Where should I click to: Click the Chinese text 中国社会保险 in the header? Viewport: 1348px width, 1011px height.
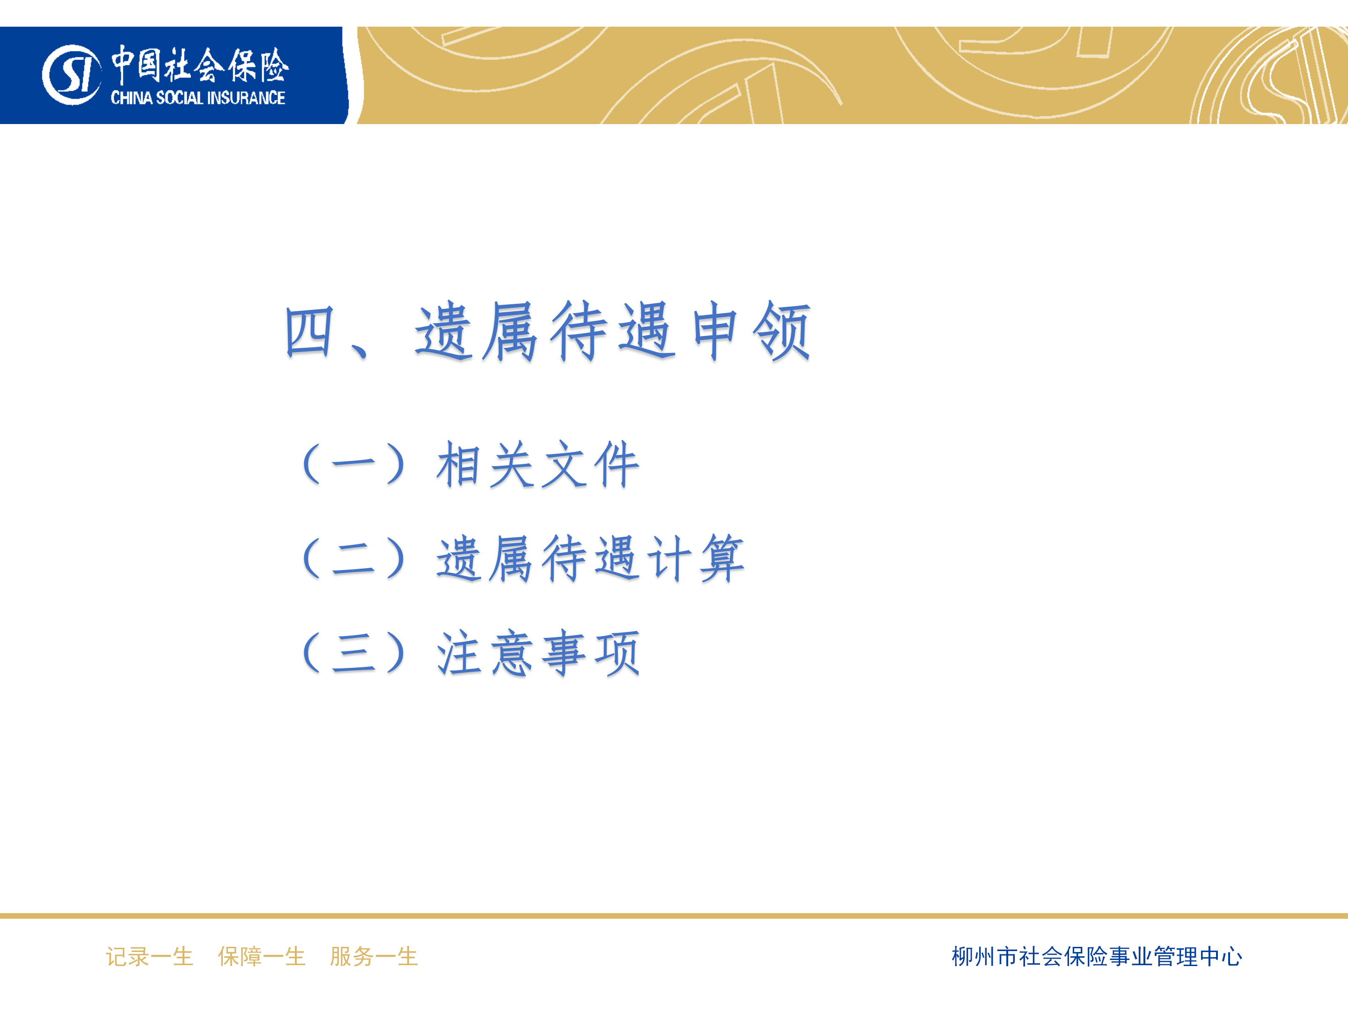pos(200,65)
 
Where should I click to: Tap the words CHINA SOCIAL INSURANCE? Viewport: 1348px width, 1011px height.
pos(198,97)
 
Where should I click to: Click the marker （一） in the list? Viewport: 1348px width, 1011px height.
pos(354,464)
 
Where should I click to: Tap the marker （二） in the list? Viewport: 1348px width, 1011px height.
pos(354,558)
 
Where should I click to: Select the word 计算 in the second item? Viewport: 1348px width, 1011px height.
pos(696,558)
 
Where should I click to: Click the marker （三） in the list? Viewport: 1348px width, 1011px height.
pos(354,652)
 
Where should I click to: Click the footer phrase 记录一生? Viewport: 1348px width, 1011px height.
pos(149,956)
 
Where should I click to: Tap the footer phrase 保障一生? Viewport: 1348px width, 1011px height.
pos(262,956)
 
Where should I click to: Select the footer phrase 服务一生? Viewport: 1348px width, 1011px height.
pos(374,956)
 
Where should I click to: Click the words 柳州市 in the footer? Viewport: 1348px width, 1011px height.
pos(985,956)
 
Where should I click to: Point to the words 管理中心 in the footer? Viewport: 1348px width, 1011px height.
pos(1198,956)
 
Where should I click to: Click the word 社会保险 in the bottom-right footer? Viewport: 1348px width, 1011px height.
pos(1063,956)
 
